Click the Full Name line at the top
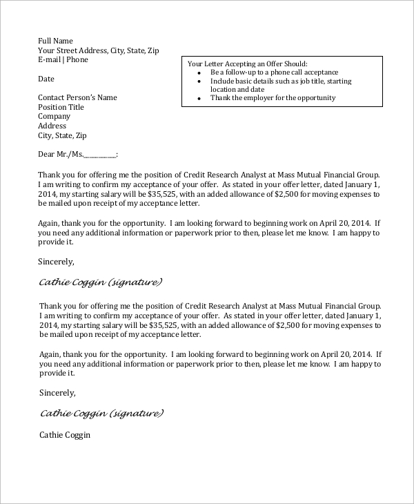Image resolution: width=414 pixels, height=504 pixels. [55, 41]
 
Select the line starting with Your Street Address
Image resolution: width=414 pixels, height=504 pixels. [98, 50]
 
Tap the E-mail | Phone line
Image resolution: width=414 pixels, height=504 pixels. [63, 60]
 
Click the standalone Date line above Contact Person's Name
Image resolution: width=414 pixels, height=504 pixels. [46, 79]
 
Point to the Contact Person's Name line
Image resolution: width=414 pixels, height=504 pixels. [77, 97]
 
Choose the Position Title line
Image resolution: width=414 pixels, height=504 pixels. [61, 107]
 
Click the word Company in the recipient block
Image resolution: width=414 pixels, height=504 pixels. [54, 117]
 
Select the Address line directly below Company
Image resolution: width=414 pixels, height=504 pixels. [52, 126]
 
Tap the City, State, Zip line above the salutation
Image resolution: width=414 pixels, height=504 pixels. [62, 136]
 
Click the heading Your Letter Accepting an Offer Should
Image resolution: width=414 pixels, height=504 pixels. [247, 64]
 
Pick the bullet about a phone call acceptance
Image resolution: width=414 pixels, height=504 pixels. [274, 72]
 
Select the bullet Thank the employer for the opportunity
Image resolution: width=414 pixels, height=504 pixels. [273, 98]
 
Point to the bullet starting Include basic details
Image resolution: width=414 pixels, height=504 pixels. [281, 81]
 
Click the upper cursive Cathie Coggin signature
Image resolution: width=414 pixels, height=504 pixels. [100, 282]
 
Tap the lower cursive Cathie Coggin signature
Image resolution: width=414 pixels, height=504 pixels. [101, 414]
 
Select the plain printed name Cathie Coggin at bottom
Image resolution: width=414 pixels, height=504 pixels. [65, 436]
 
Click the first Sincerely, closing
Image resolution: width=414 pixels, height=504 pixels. [56, 262]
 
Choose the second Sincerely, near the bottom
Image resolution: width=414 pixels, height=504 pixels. [57, 393]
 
